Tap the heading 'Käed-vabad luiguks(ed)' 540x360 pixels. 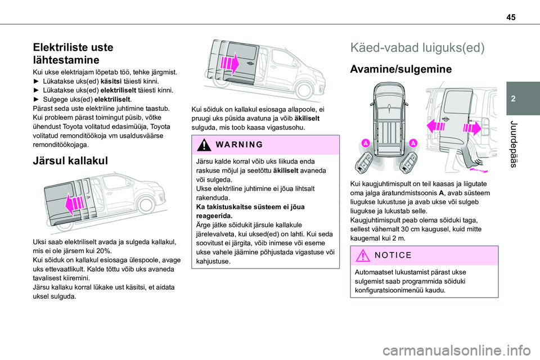coord(417,47)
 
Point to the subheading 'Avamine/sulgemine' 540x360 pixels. coord(401,70)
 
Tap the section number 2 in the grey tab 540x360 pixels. coord(518,98)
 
